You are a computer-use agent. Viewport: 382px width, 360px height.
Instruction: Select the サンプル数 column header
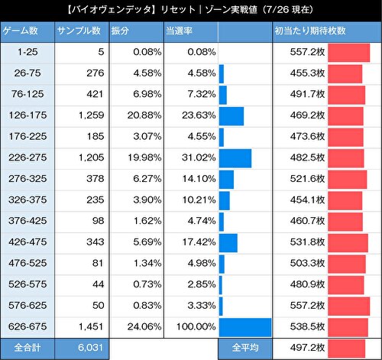click(x=79, y=31)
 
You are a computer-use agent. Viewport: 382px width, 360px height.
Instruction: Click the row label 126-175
click(x=28, y=116)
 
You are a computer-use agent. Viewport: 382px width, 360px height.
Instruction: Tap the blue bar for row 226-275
click(x=235, y=158)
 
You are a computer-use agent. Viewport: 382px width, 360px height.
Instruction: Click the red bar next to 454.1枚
click(x=345, y=200)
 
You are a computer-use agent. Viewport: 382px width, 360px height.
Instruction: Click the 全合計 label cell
click(x=28, y=348)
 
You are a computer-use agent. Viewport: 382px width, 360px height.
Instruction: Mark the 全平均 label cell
click(x=244, y=348)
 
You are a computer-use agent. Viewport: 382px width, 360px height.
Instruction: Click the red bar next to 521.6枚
click(x=348, y=180)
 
